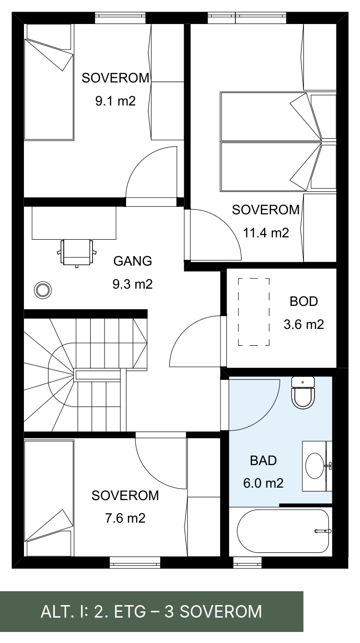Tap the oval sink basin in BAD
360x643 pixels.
coord(314,466)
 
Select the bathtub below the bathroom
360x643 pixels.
coord(283,531)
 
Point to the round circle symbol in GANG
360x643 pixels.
coord(43,290)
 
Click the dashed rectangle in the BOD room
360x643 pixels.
coord(254,312)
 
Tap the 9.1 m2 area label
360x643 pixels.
coord(116,101)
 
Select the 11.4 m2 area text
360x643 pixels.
coord(266,233)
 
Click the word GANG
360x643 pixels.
coord(133,261)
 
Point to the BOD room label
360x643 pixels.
coord(304,302)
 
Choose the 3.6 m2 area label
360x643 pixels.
coord(304,324)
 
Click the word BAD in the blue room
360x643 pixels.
coord(263,460)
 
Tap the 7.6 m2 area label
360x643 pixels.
coord(125,518)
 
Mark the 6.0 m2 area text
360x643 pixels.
coord(263,483)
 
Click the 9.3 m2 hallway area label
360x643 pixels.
coord(132,284)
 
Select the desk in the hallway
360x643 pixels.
coord(74,223)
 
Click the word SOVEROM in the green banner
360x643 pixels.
coord(221,612)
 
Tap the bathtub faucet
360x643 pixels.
coord(323,531)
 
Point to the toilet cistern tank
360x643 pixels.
coord(303,382)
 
